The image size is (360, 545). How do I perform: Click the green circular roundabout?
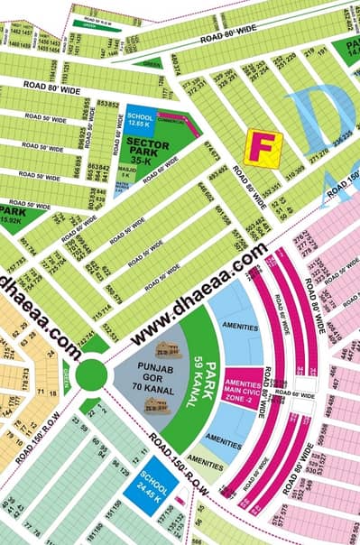(94, 374)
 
